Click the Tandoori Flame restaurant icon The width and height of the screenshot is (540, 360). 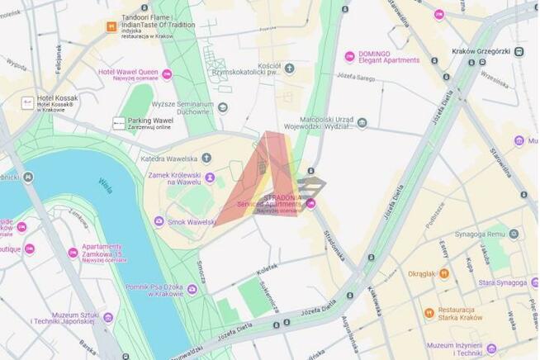pyautogui.click(x=111, y=26)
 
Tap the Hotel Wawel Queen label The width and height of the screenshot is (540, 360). pyautogui.click(x=127, y=73)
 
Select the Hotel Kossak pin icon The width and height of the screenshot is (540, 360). pyautogui.click(x=27, y=102)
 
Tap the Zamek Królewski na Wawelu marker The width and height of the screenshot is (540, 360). pyautogui.click(x=210, y=178)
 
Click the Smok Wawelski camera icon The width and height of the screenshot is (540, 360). pyautogui.click(x=159, y=221)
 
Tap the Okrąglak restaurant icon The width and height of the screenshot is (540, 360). pyautogui.click(x=444, y=273)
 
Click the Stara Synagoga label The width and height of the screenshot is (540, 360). pyautogui.click(x=502, y=282)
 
